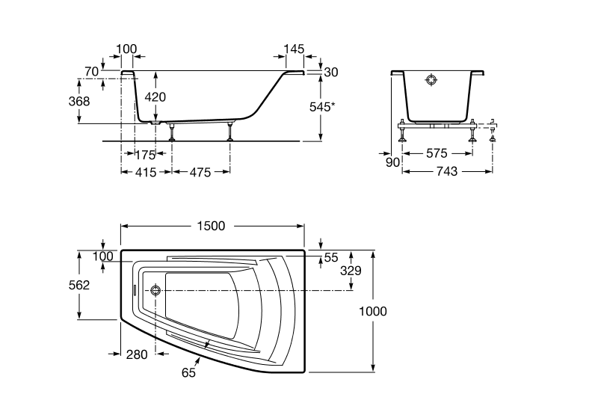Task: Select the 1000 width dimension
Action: (x=373, y=311)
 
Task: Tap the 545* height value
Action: (x=321, y=107)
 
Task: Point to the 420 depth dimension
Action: (x=155, y=97)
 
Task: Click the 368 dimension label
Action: (x=78, y=102)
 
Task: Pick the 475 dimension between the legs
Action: (x=200, y=173)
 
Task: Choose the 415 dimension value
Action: (x=145, y=173)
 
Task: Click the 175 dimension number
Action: (x=145, y=156)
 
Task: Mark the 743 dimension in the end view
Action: (x=446, y=171)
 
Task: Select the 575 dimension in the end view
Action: (x=437, y=153)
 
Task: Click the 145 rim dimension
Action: (x=294, y=49)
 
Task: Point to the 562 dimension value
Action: (x=78, y=285)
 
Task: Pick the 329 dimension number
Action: (x=350, y=270)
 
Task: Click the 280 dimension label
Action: (x=138, y=355)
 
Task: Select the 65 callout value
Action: (x=188, y=372)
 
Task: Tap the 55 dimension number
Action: (x=332, y=257)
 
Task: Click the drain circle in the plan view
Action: (x=155, y=290)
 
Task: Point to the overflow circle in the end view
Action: (x=432, y=80)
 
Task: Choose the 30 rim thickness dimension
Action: (x=332, y=72)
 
